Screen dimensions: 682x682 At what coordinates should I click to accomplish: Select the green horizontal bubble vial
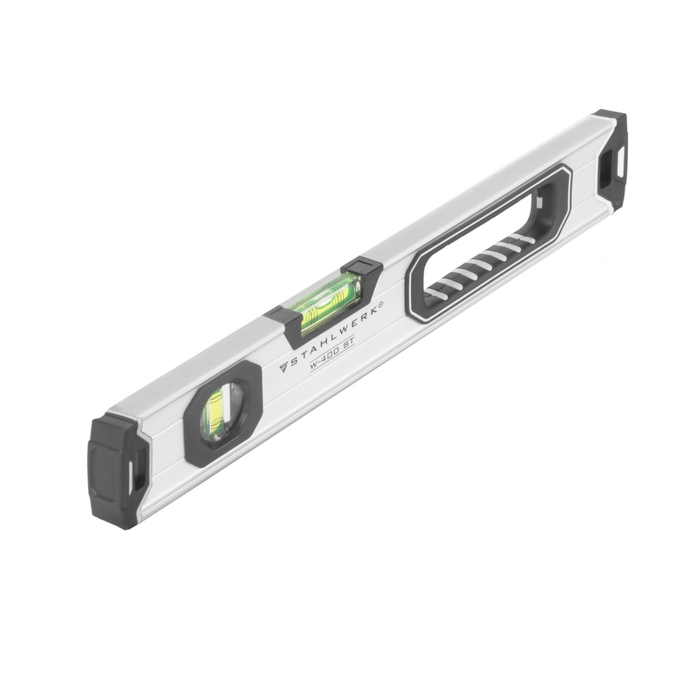point(330,298)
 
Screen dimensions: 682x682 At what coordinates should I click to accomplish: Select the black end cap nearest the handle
point(611,159)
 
